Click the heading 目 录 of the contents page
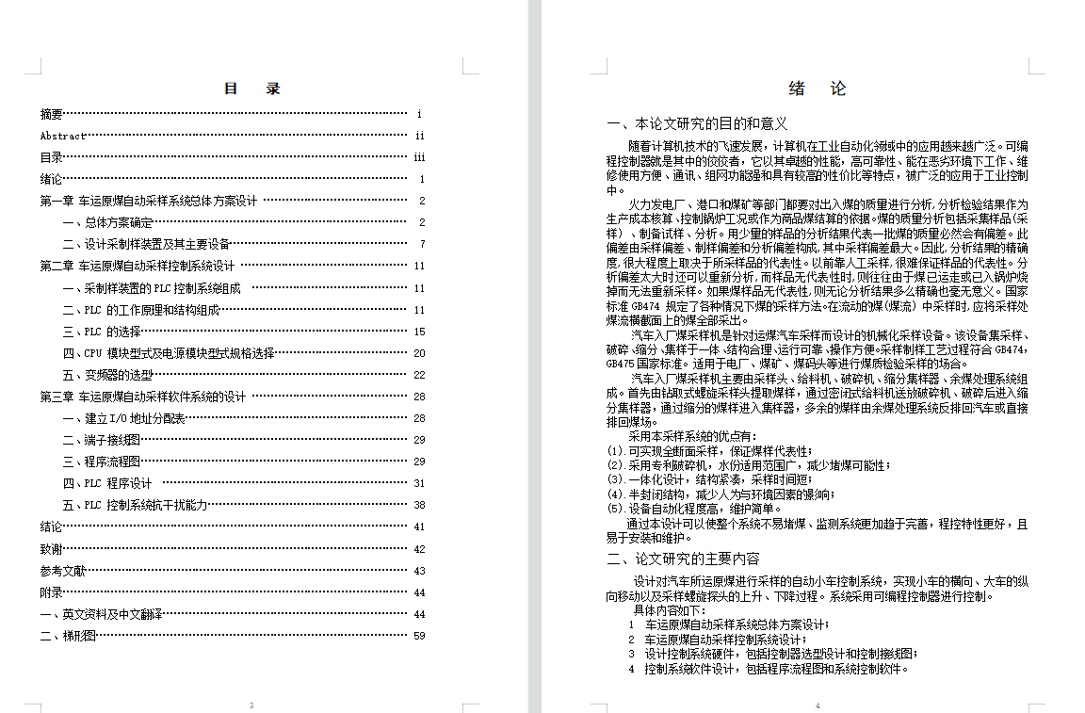coord(251,89)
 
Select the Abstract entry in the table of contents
coord(62,136)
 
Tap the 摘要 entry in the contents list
coord(52,114)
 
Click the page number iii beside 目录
coord(419,157)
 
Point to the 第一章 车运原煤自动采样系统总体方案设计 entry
coord(148,201)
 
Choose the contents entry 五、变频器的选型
coord(107,375)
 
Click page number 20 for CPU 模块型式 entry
coord(419,353)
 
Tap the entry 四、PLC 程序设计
coord(107,483)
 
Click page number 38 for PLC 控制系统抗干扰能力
coord(419,505)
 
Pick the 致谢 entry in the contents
coord(52,549)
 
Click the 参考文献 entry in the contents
coord(63,571)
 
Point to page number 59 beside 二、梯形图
coord(419,636)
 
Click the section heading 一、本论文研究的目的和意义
coord(698,123)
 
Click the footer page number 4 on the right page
coord(818,705)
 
